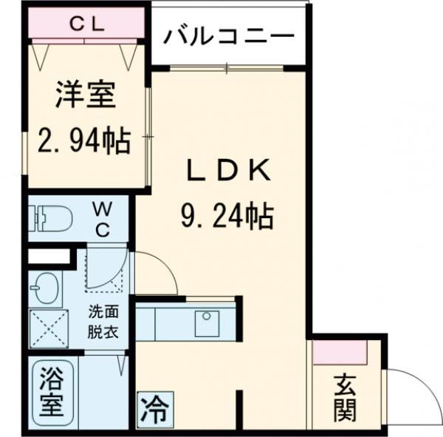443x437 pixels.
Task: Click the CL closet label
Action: coord(87,23)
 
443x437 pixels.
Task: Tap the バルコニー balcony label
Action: coord(229,35)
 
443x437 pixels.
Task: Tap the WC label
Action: coord(102,220)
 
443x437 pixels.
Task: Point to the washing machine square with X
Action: coord(47,328)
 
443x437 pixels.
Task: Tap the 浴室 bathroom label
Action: coord(51,392)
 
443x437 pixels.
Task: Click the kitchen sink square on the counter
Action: coord(208,322)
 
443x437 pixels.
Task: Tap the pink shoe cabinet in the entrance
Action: coord(340,353)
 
